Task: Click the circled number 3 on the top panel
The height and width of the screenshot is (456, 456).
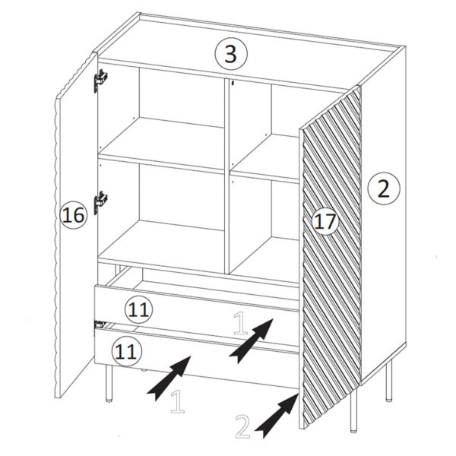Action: [x=231, y=53]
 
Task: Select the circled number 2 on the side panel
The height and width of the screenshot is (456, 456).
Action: [x=384, y=188]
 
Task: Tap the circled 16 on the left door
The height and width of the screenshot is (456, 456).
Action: [x=73, y=215]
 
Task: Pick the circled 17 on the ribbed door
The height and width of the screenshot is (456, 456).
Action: [x=325, y=222]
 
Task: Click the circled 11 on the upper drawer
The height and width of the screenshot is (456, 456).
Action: [x=139, y=310]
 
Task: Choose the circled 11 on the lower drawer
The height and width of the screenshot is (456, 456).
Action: [x=127, y=352]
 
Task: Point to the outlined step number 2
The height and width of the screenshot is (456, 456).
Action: [x=242, y=426]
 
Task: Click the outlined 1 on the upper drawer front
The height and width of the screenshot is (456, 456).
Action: [x=240, y=323]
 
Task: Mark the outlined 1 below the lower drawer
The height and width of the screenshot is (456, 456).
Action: [x=177, y=401]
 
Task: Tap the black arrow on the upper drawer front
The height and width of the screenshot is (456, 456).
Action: [x=252, y=340]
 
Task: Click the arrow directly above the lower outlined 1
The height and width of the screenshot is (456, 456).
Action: [x=169, y=378]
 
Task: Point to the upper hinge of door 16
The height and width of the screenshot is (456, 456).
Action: [x=100, y=81]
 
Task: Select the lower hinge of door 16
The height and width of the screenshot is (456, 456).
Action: [x=100, y=202]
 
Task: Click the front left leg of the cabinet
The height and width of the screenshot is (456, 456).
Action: [x=109, y=383]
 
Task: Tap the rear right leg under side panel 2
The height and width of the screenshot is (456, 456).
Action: [x=389, y=381]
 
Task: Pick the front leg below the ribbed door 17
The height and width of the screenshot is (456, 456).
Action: [x=353, y=410]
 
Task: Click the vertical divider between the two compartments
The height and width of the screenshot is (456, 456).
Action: [x=226, y=176]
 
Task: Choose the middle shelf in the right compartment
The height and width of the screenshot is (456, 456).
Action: [x=264, y=160]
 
